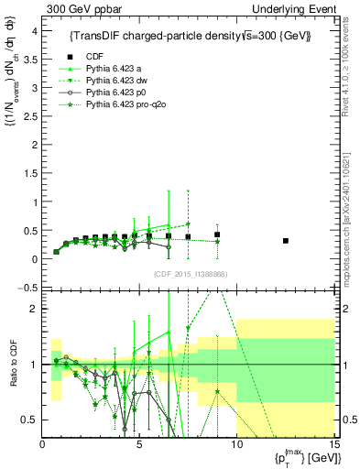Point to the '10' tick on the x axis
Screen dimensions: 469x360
236,445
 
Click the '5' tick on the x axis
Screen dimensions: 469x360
139,445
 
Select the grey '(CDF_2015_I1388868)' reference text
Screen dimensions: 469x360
190,274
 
